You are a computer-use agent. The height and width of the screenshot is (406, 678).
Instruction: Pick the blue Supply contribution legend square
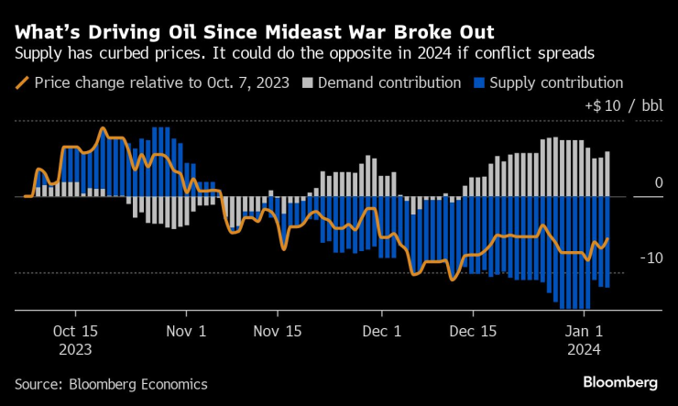click(478, 83)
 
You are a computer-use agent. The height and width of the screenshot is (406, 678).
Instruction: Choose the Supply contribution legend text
click(556, 83)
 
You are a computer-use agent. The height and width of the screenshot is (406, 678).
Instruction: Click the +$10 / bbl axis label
click(623, 106)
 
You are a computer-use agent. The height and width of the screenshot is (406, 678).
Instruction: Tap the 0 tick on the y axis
click(658, 183)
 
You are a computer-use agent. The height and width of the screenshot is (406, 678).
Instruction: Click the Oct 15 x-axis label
click(75, 331)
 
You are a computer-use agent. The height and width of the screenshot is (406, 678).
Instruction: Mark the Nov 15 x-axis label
click(278, 331)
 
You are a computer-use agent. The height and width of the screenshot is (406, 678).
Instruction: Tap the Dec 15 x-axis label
click(476, 331)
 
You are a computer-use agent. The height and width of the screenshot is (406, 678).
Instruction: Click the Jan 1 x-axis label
click(584, 331)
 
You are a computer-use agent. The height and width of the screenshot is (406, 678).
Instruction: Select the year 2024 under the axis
click(584, 349)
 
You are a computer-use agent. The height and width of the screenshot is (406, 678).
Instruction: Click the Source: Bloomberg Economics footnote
click(111, 384)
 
